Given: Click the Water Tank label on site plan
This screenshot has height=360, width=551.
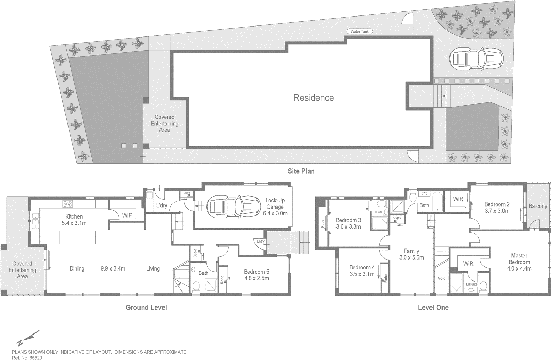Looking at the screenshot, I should [360, 32].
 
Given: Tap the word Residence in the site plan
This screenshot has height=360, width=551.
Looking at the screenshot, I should [313, 98].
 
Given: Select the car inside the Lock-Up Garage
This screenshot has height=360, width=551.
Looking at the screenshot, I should [233, 207].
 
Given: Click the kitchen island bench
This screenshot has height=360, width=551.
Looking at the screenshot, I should [78, 237].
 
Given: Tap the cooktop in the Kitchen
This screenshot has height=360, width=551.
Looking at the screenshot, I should [67, 203].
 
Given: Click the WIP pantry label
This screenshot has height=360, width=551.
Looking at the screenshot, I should [127, 215].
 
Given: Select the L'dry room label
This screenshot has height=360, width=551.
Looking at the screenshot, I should [162, 205].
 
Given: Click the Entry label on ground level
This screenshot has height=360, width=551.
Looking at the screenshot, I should [261, 241].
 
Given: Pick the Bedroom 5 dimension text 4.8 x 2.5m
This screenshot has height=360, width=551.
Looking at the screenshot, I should [257, 278].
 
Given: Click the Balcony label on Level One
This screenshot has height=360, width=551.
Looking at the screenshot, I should [538, 206].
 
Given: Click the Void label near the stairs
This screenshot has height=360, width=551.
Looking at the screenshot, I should [441, 278].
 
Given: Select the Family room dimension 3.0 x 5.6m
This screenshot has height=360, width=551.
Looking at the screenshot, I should [411, 257].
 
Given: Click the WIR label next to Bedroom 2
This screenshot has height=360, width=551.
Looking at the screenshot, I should [458, 199].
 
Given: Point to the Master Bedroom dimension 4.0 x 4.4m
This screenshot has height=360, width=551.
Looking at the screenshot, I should [519, 268].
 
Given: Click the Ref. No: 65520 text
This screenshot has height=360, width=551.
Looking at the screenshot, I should [27, 358].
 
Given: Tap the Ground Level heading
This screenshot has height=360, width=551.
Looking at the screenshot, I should [146, 307].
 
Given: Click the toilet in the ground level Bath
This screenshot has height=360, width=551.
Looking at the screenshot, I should [196, 286].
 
